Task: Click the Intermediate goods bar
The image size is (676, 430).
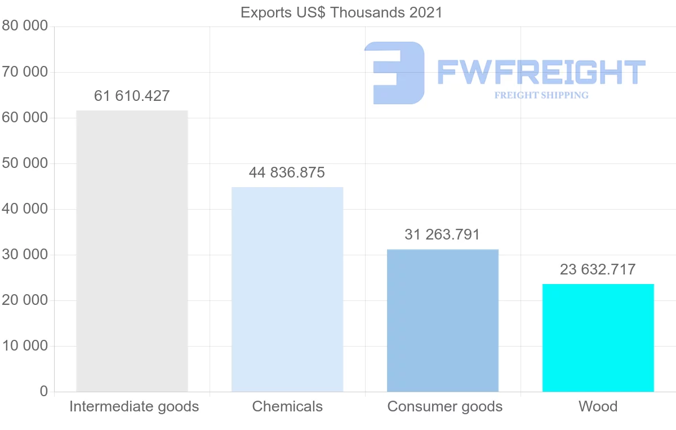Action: click(x=132, y=251)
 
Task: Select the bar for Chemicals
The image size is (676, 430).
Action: click(x=287, y=289)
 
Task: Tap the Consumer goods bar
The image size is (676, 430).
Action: click(x=443, y=320)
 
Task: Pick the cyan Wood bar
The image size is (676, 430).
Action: click(x=598, y=338)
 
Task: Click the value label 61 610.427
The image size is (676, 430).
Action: click(x=132, y=96)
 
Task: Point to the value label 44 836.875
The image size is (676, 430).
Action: click(x=287, y=173)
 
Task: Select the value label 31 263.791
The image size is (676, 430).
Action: click(x=442, y=235)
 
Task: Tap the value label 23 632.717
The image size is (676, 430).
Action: click(x=598, y=270)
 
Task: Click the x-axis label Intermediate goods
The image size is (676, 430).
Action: click(x=134, y=407)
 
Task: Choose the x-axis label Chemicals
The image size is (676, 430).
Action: click(x=287, y=407)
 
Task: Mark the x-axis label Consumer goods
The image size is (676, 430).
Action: click(x=445, y=407)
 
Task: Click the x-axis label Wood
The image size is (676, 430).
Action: click(x=598, y=407)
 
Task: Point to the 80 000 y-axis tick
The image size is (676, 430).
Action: click(x=25, y=26)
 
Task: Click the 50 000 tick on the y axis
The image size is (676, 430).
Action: click(x=25, y=163)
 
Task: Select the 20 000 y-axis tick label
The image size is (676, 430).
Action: click(x=25, y=300)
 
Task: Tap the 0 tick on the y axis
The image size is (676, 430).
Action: click(x=44, y=392)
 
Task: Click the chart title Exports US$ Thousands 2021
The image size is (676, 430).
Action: click(x=341, y=12)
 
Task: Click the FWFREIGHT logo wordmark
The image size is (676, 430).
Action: click(x=541, y=73)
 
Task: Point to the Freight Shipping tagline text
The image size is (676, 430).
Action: click(x=541, y=95)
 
